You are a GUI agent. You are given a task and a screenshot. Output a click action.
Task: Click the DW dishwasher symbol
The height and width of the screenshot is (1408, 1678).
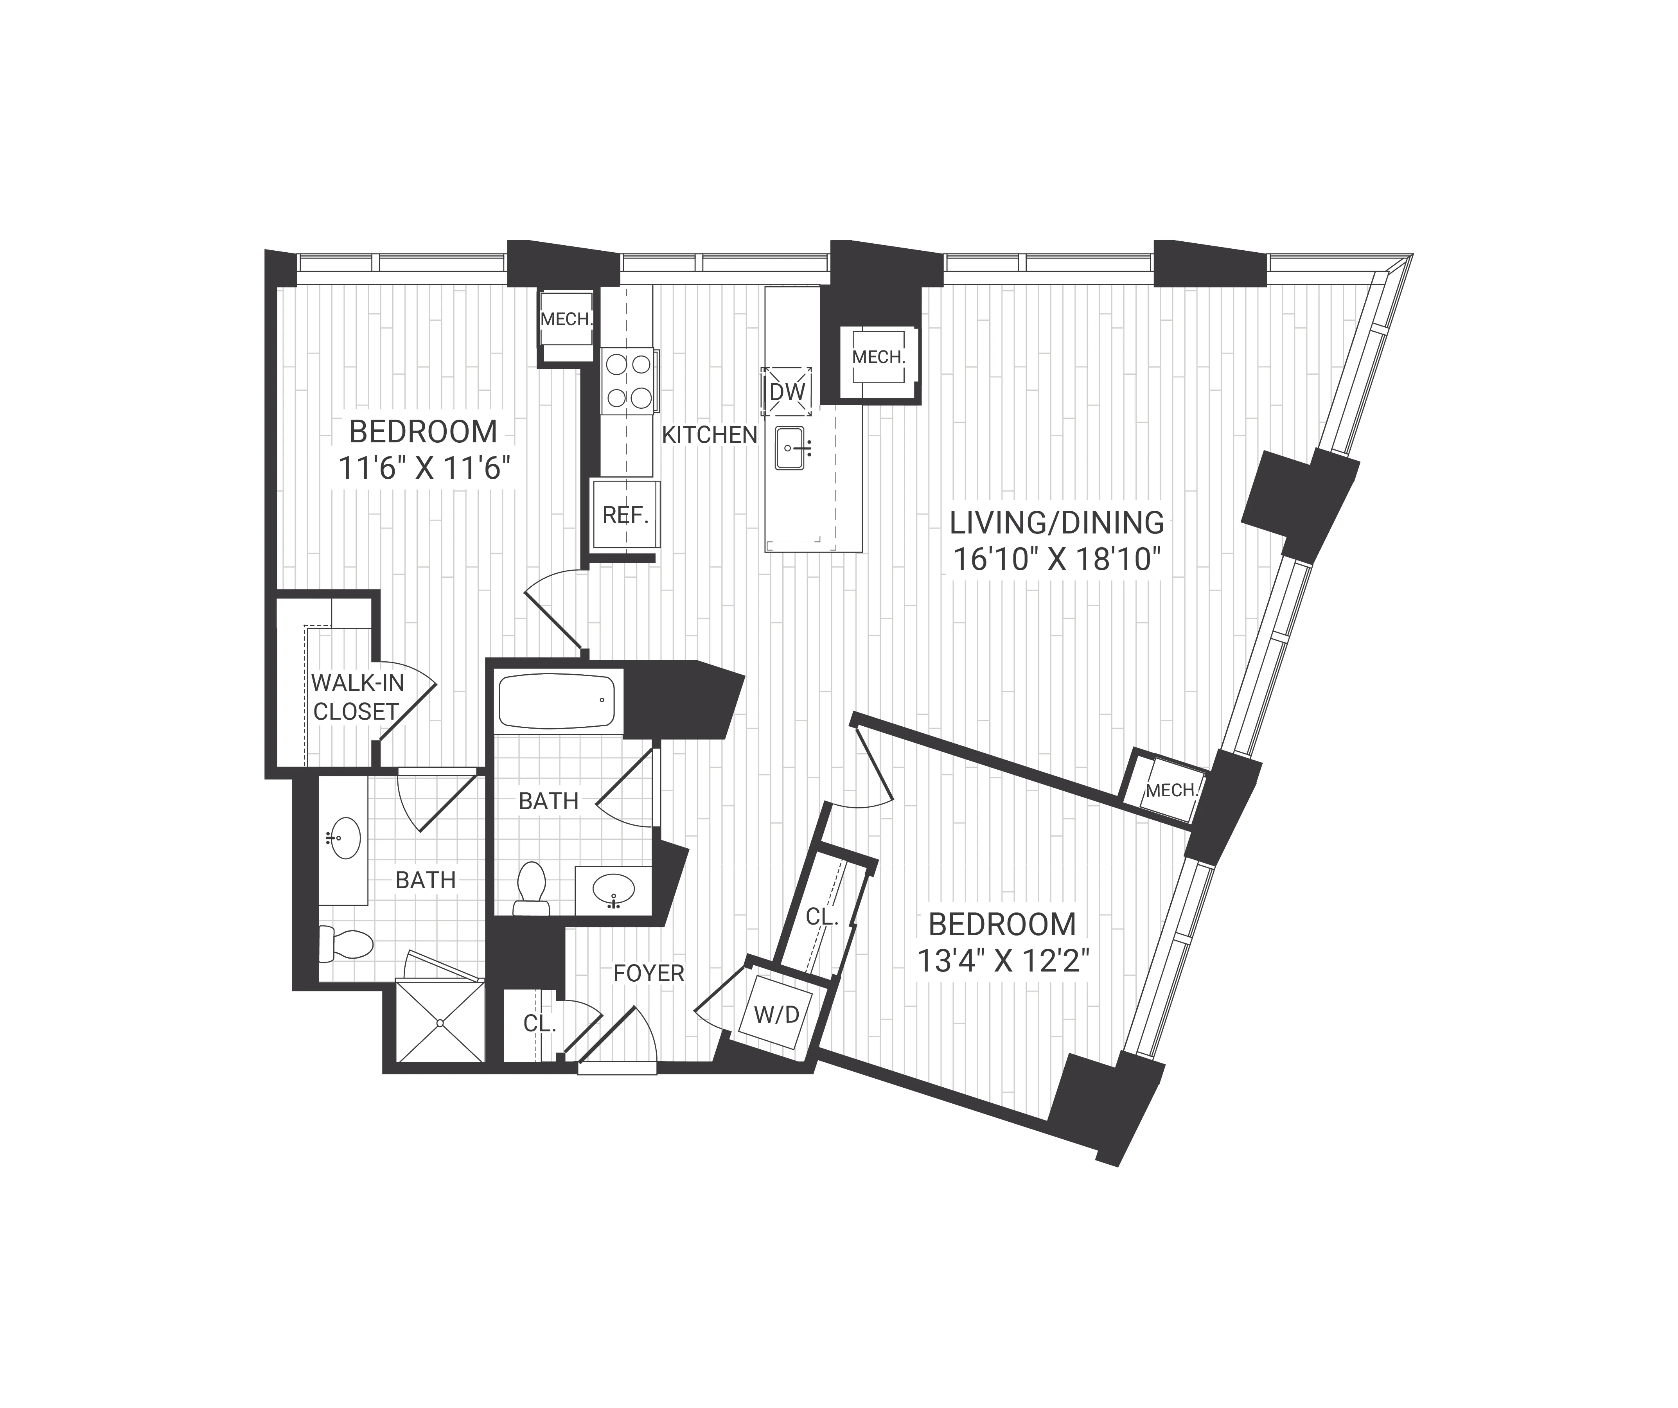click(786, 392)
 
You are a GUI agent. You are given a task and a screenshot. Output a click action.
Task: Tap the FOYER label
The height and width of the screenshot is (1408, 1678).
click(649, 973)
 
